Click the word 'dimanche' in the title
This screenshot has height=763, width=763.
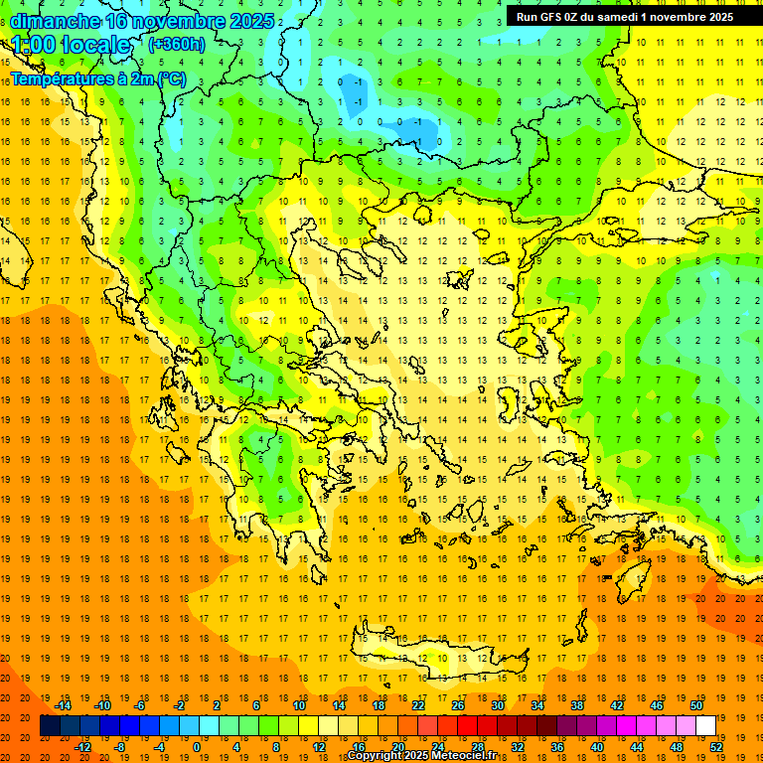56,21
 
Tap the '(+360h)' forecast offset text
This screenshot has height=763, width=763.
177,44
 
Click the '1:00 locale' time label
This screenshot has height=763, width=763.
72,45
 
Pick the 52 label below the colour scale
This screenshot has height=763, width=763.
717,747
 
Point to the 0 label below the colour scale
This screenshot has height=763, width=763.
197,747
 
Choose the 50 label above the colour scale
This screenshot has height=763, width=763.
695,705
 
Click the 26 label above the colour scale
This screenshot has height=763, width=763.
458,705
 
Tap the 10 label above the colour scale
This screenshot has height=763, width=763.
299,705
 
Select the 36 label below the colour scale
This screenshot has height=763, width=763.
557,747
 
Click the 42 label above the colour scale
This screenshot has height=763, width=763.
617,705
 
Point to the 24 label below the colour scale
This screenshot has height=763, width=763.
438,747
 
